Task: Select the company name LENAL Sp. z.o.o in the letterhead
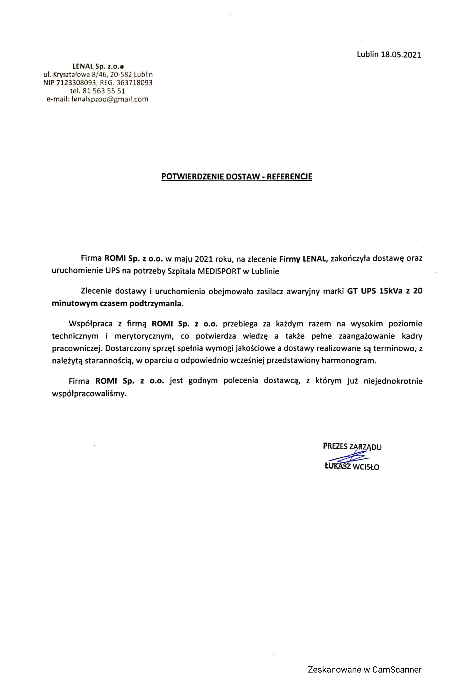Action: click(x=98, y=66)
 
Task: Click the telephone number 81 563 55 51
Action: click(x=104, y=91)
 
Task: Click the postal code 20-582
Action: click(x=120, y=74)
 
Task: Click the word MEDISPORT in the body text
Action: click(x=219, y=271)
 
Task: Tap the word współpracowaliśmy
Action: click(x=89, y=394)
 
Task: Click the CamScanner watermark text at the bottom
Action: click(x=364, y=669)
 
